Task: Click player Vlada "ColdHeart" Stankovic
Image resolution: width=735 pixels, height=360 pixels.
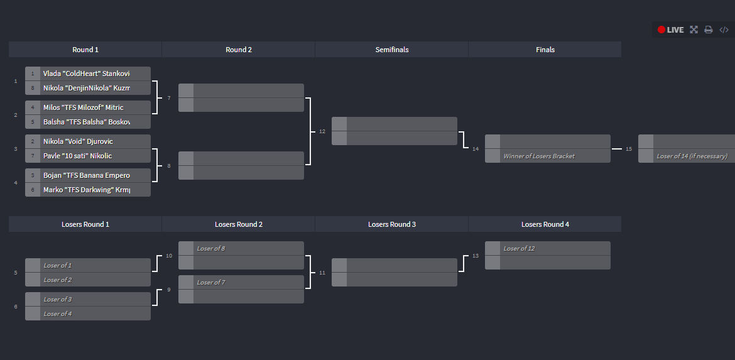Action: coord(87,74)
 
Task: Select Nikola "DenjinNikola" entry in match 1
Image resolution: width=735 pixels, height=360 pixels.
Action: coord(87,88)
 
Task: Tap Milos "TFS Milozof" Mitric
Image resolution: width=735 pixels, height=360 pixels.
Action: coord(87,107)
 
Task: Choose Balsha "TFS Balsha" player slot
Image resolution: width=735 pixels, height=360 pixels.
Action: coord(87,122)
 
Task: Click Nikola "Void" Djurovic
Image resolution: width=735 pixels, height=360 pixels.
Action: coord(87,141)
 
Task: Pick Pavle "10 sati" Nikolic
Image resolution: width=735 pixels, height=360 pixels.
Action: coord(87,156)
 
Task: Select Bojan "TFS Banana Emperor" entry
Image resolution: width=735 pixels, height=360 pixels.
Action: coord(87,175)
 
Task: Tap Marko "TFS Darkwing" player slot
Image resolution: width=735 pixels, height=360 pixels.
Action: coord(87,190)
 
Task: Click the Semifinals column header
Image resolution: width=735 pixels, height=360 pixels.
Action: coord(391,50)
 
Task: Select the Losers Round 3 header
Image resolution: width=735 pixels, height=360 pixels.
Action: coord(391,224)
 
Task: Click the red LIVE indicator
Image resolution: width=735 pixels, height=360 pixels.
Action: coord(670,30)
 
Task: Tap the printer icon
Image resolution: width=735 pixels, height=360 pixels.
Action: coord(708,30)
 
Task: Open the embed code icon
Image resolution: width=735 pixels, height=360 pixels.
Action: coord(724,30)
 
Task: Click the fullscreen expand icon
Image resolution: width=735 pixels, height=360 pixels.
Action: coord(694,30)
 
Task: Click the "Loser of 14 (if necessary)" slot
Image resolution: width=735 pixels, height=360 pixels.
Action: coord(691,156)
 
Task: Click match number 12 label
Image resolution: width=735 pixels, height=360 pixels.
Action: coord(322,131)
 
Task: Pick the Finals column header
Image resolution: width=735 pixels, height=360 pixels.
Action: coord(545,50)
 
